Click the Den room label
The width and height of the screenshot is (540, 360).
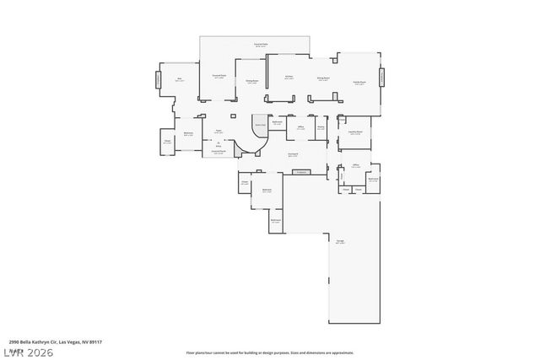[x=179, y=79]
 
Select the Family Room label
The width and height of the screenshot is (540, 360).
[x=359, y=82]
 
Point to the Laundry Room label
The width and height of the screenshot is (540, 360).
[x=355, y=132]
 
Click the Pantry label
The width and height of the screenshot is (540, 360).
[x=321, y=128]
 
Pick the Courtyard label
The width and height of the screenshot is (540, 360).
[x=293, y=154]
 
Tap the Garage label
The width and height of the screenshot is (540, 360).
[x=339, y=242]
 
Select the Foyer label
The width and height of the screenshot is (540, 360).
[x=218, y=132]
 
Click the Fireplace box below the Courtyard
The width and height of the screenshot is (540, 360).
[x=300, y=172]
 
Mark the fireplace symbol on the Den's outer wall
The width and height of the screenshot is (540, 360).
[x=157, y=79]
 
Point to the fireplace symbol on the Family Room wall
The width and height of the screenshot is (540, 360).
[x=381, y=77]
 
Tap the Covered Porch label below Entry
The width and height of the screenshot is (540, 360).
[x=218, y=152]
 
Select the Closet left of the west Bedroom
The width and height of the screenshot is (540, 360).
[x=167, y=142]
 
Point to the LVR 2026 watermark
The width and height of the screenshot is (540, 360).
[x=29, y=352]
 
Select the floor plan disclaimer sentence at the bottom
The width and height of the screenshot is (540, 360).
[x=269, y=352]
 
